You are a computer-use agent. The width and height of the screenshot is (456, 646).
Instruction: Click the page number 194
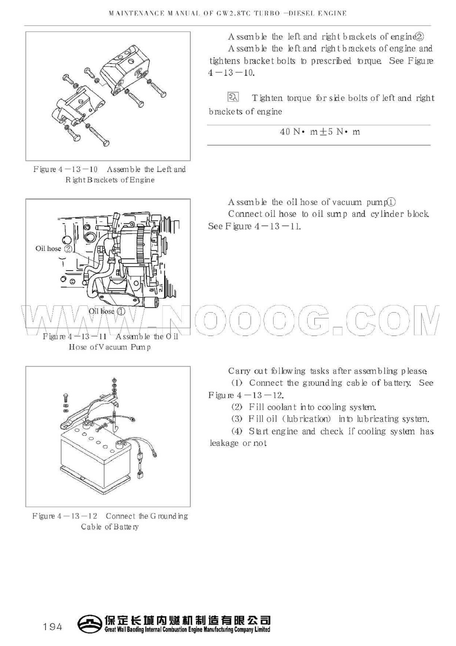pyautogui.click(x=52, y=627)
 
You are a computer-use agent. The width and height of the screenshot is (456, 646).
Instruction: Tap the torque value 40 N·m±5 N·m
pyautogui.click(x=319, y=132)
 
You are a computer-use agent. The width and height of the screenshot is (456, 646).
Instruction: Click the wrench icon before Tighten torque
pyautogui.click(x=232, y=97)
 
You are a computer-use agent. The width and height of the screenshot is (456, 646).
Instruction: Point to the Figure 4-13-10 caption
pyautogui.click(x=109, y=174)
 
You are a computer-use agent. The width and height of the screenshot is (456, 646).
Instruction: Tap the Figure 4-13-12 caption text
pyautogui.click(x=109, y=521)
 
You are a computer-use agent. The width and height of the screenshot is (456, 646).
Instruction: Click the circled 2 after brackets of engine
pyautogui.click(x=420, y=37)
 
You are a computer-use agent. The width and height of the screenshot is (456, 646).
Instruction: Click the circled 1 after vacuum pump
pyautogui.click(x=392, y=202)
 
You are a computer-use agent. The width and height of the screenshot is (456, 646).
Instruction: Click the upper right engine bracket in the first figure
pyautogui.click(x=124, y=70)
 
